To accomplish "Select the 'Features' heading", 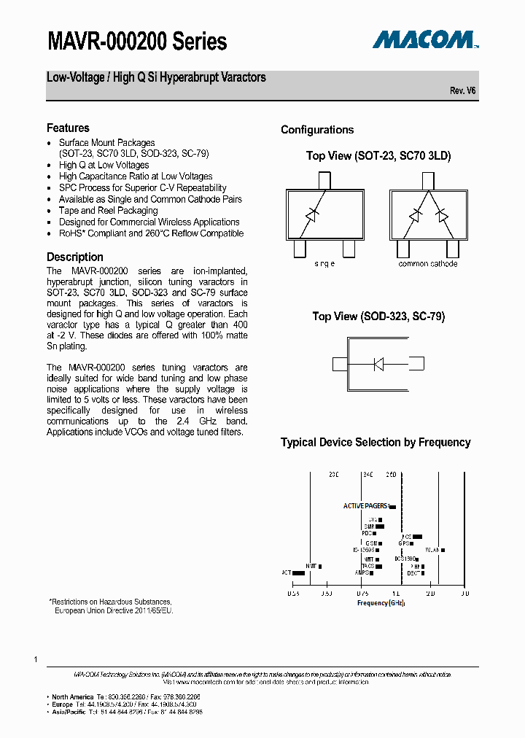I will click(x=68, y=128).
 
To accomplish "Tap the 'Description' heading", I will click(x=75, y=257).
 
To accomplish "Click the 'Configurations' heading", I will click(x=317, y=130).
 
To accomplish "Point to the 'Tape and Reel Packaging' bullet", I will click(x=109, y=211).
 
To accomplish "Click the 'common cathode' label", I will click(x=428, y=264).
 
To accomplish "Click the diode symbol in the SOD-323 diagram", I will click(x=378, y=364).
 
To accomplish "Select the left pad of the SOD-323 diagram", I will click(x=340, y=364).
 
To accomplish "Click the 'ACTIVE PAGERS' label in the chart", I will click(x=366, y=505).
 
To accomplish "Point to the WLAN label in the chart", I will click(x=432, y=550).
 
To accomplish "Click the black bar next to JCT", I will click(x=298, y=573).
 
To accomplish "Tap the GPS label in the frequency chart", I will click(x=402, y=543).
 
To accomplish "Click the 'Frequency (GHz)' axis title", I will click(x=381, y=603).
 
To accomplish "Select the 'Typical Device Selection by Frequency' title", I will click(x=376, y=442).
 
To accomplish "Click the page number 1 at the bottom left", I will click(x=35, y=659).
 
